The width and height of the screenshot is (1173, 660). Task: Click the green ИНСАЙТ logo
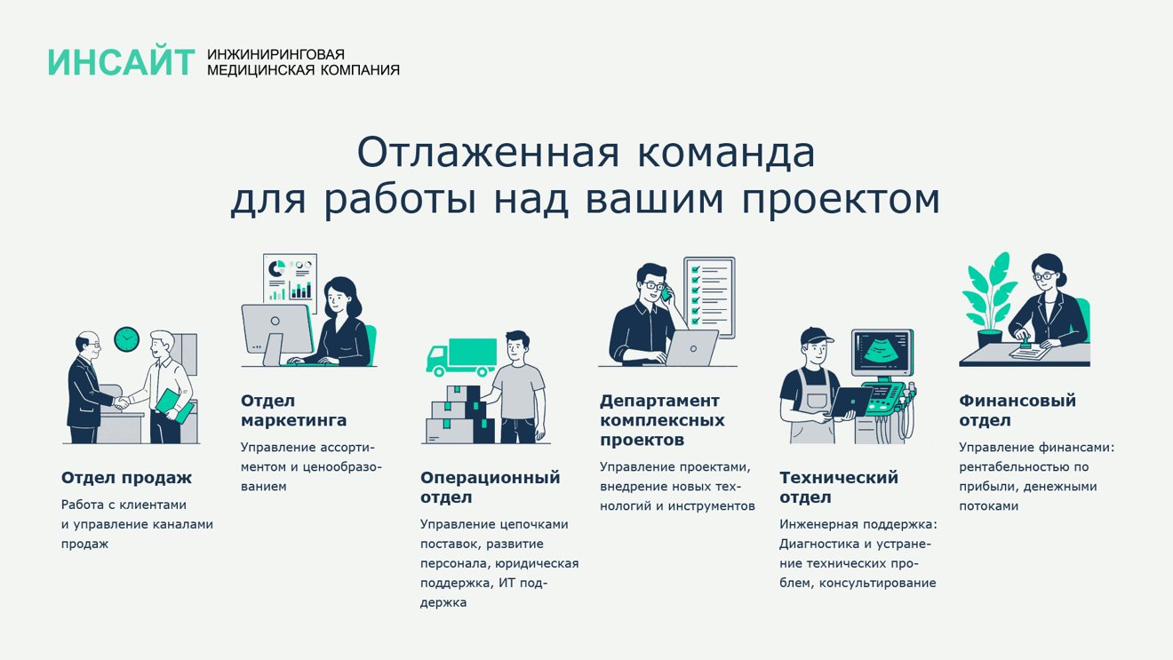pyautogui.click(x=121, y=62)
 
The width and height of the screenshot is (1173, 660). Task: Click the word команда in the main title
pyautogui.click(x=726, y=152)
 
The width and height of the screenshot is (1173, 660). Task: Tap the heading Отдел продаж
pyautogui.click(x=126, y=479)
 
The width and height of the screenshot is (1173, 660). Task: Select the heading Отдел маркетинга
pyautogui.click(x=293, y=411)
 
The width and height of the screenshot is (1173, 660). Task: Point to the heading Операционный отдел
pyautogui.click(x=491, y=488)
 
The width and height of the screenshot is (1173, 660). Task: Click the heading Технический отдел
pyautogui.click(x=838, y=488)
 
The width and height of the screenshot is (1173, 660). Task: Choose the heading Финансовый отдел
pyautogui.click(x=1017, y=410)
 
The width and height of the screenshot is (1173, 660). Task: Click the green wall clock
pyautogui.click(x=127, y=339)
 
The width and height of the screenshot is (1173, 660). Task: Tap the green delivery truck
pyautogui.click(x=461, y=357)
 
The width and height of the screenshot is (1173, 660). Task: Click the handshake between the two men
pyautogui.click(x=122, y=403)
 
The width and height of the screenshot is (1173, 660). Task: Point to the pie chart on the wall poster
pyautogui.click(x=276, y=268)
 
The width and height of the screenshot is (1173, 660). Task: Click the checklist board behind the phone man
pyautogui.click(x=709, y=298)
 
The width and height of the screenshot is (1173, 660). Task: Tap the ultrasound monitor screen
pyautogui.click(x=882, y=351)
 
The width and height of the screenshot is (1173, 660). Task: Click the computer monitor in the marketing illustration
pyautogui.click(x=276, y=330)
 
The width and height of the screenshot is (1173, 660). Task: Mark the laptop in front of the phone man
pyautogui.click(x=690, y=347)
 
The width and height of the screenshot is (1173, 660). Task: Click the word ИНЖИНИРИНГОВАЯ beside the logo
pyautogui.click(x=276, y=54)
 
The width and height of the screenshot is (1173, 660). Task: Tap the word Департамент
pyautogui.click(x=659, y=402)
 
